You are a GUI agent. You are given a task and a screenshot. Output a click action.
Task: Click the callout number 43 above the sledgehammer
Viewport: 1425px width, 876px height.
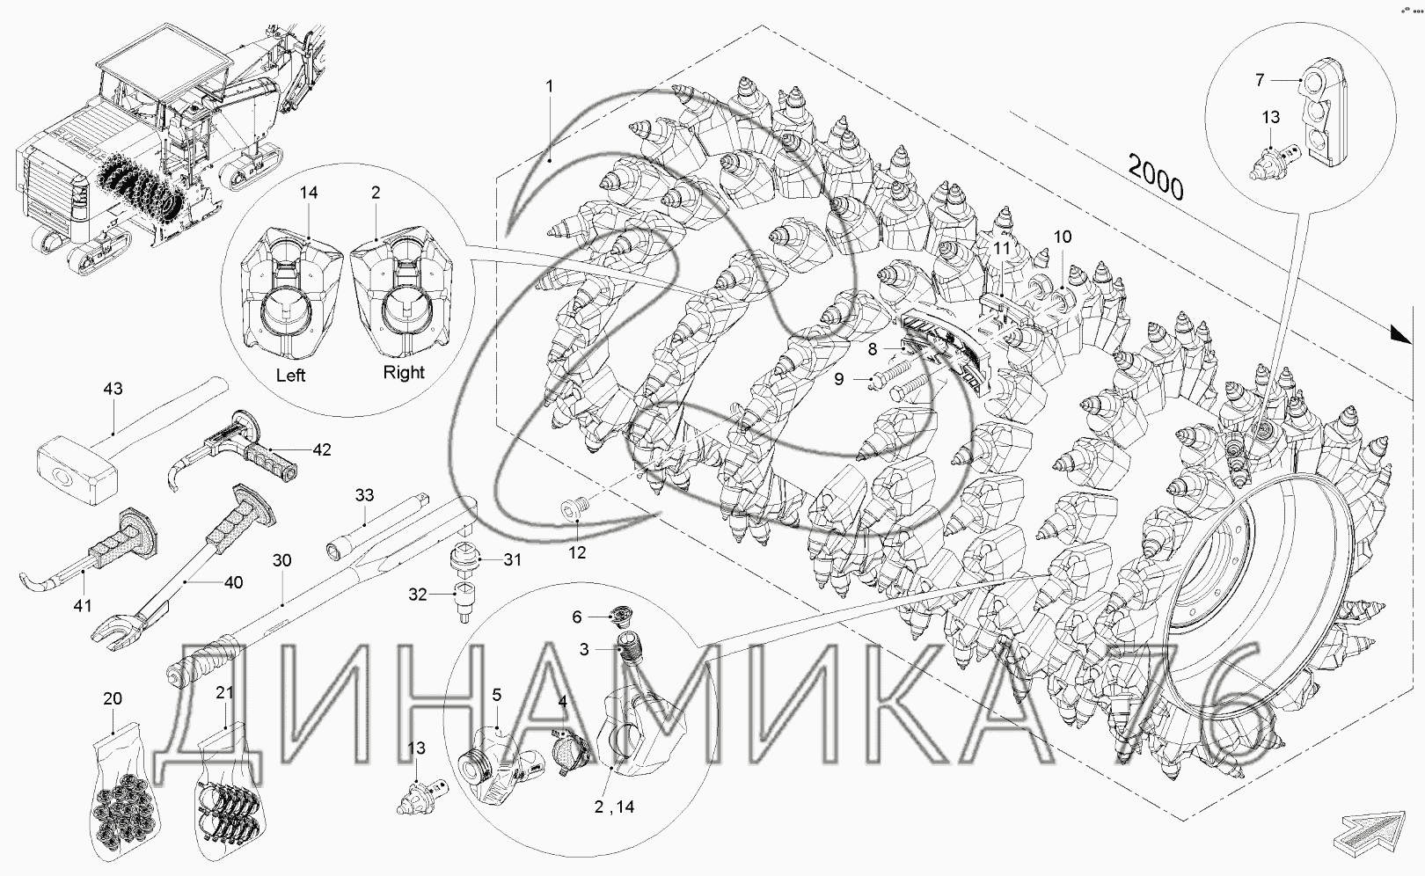[x=113, y=389]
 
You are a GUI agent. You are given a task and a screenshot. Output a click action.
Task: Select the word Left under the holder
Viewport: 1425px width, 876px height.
[x=291, y=375]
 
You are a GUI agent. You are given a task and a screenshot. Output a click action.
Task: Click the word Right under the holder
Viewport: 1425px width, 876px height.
[x=404, y=372]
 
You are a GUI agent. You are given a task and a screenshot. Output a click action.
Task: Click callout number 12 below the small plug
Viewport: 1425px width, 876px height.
[x=577, y=552]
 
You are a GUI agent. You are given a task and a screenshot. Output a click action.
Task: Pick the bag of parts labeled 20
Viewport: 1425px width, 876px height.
[x=123, y=792]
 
